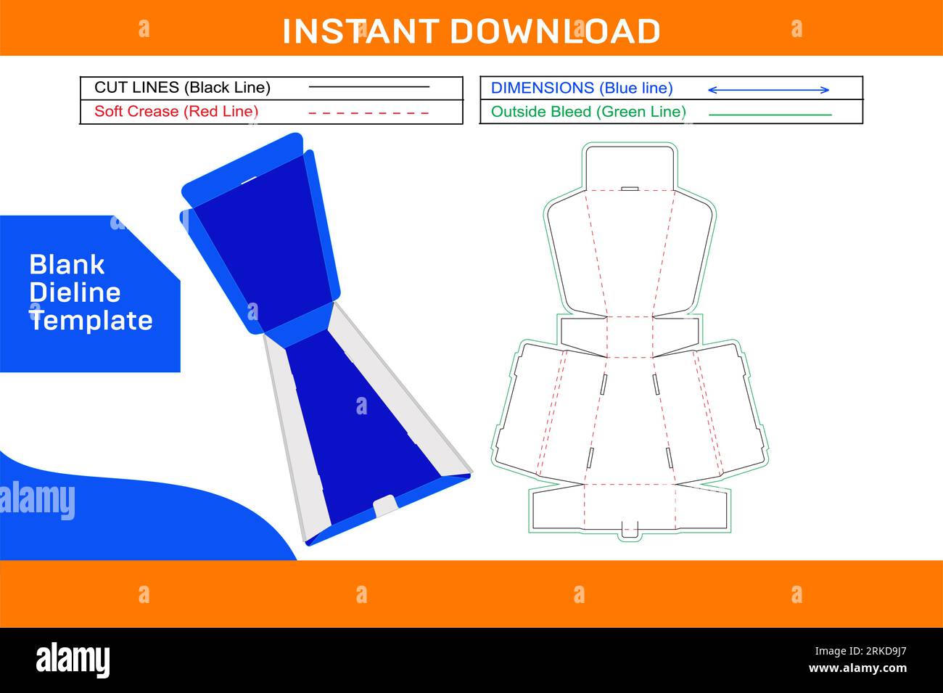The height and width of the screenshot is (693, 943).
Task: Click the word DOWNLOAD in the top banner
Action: pos(555,32)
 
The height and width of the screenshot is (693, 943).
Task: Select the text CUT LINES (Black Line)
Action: pos(182,88)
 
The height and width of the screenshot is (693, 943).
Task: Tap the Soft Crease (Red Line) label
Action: pos(176,112)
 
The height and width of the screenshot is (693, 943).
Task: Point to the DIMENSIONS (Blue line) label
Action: pos(582,89)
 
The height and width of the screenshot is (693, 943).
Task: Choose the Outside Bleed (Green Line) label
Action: pos(588,112)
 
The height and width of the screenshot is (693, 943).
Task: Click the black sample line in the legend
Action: pos(368,87)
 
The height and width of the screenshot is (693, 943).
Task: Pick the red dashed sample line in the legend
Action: pos(368,113)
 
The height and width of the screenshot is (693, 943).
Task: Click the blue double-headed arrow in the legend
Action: pos(768,90)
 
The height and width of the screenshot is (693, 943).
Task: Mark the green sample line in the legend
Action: pos(770,115)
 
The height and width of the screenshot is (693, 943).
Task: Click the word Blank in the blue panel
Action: pos(67,265)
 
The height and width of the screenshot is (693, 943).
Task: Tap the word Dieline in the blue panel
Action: pos(75,292)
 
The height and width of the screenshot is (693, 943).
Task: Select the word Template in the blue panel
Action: pos(91,320)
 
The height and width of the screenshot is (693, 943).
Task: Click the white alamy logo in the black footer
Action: pos(73,660)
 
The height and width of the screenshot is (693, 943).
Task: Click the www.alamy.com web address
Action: pos(857,669)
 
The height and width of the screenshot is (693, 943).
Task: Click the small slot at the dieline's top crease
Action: pos(630,189)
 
